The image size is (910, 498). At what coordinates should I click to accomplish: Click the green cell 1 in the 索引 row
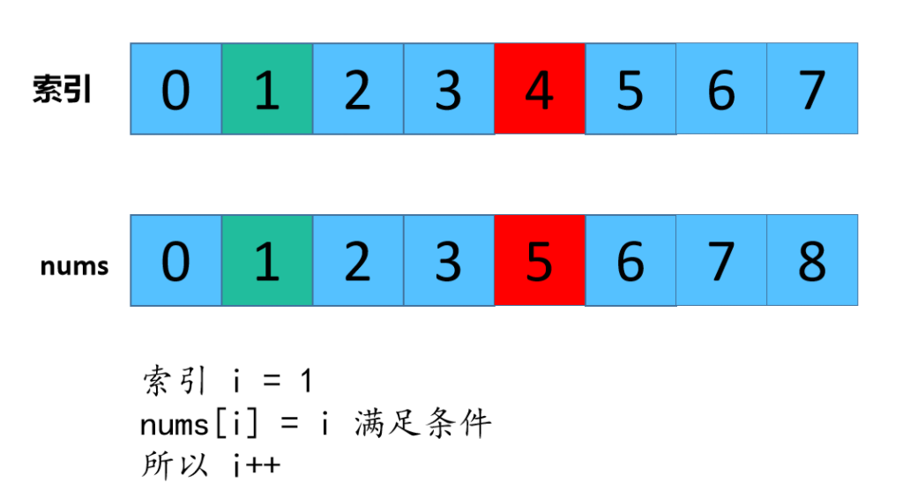pyautogui.click(x=266, y=89)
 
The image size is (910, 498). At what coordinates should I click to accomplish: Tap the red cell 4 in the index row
pyautogui.click(x=540, y=89)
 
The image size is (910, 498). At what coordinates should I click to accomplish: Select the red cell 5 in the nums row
pyautogui.click(x=540, y=261)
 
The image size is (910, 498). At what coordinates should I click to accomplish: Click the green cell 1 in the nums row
pyautogui.click(x=266, y=261)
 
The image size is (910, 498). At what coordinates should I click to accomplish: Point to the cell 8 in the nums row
pyautogui.click(x=812, y=261)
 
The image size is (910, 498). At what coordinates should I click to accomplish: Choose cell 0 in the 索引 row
pyautogui.click(x=175, y=89)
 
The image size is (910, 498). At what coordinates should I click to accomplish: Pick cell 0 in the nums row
pyautogui.click(x=175, y=261)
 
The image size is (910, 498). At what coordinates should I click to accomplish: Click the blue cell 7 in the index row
pyautogui.click(x=812, y=89)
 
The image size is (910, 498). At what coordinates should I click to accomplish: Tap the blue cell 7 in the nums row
pyautogui.click(x=721, y=261)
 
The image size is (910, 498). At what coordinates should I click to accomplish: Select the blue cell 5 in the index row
pyautogui.click(x=630, y=89)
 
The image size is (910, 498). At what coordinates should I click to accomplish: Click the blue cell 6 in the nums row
pyautogui.click(x=630, y=261)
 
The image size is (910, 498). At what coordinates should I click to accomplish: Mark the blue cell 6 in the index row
pyautogui.click(x=721, y=89)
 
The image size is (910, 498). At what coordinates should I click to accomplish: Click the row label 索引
pyautogui.click(x=63, y=90)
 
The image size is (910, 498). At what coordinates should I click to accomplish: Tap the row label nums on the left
pyautogui.click(x=74, y=265)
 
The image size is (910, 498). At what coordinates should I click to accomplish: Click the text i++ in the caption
pyautogui.click(x=257, y=465)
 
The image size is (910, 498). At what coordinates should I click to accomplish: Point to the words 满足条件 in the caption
pyautogui.click(x=422, y=424)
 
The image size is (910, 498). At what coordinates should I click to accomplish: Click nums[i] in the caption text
pyautogui.click(x=204, y=425)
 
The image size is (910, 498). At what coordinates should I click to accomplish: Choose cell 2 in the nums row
pyautogui.click(x=357, y=261)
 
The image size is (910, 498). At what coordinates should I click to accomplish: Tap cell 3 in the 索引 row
pyautogui.click(x=448, y=89)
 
